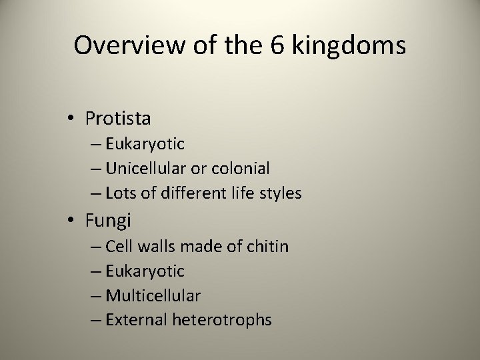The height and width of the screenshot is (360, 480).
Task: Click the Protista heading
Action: [x=118, y=119]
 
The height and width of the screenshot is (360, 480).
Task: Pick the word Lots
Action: [x=121, y=193]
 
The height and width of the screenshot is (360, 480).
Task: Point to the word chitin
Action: [x=267, y=247]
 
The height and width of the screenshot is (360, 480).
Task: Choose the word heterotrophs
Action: [x=222, y=320]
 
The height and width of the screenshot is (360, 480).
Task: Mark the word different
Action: [x=190, y=193]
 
